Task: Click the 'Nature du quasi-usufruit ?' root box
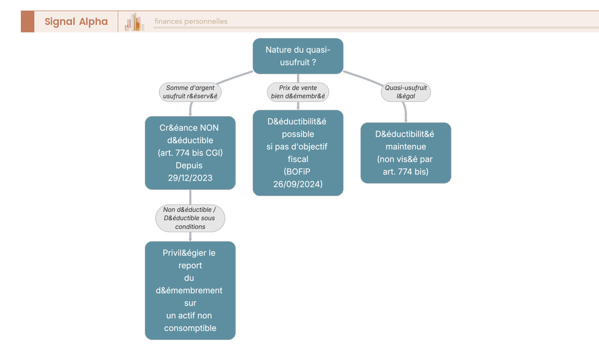tap(298, 56)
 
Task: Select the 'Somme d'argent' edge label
tap(190, 92)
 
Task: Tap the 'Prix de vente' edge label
tap(298, 92)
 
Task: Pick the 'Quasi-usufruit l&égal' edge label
tap(406, 92)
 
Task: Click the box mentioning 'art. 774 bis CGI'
tap(190, 153)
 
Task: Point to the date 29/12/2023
tap(190, 178)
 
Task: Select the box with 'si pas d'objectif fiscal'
tap(298, 153)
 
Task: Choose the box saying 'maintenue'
tap(406, 153)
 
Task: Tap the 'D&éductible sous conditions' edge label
tap(190, 218)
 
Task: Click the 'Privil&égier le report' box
tap(190, 291)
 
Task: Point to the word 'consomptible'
tap(190, 328)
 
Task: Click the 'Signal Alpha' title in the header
tap(76, 21)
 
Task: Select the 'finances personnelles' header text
tap(191, 21)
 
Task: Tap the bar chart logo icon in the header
tap(134, 22)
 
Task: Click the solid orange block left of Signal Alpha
tap(27, 21)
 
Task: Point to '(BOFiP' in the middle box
tap(297, 172)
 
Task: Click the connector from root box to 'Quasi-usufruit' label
tap(363, 78)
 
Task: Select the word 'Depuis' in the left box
tap(189, 165)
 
